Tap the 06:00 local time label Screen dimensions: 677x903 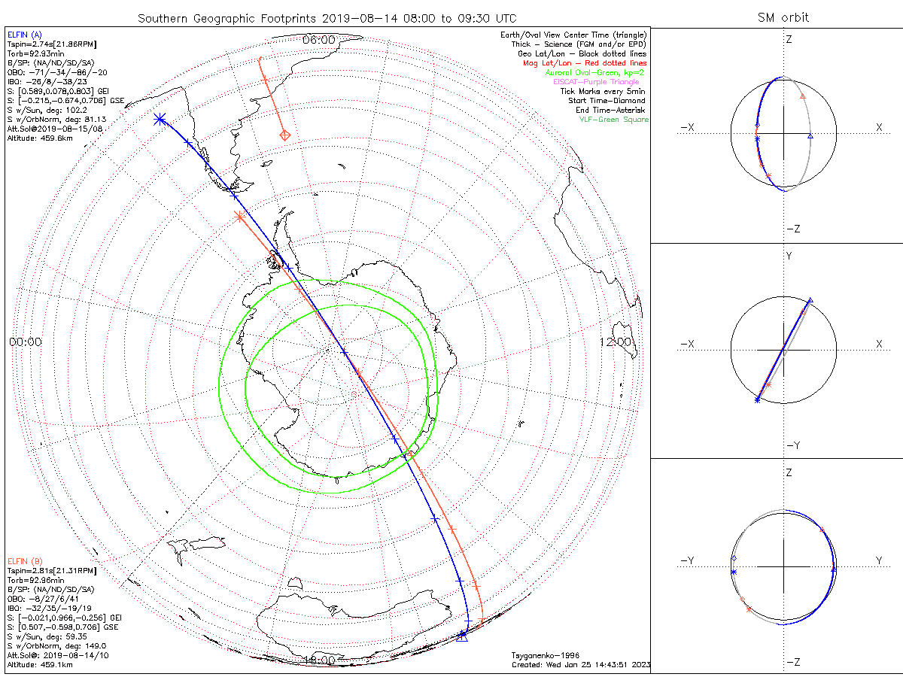pos(318,40)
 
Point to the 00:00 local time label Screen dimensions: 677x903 pos(26,342)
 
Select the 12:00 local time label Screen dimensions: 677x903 pos(616,342)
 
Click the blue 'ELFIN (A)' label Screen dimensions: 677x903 pos(25,35)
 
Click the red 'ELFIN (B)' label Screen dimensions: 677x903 pos(25,561)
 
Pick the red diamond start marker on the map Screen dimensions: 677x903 pos(285,135)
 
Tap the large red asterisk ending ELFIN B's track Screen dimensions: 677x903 pos(239,217)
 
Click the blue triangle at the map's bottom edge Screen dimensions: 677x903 pos(462,637)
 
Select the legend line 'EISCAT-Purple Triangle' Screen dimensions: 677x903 pos(596,82)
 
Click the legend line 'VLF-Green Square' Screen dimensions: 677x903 pos(613,120)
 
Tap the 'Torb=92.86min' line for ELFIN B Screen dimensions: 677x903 pos(35,580)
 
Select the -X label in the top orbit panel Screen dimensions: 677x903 pos(686,128)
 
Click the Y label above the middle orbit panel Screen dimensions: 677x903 pos(789,257)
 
